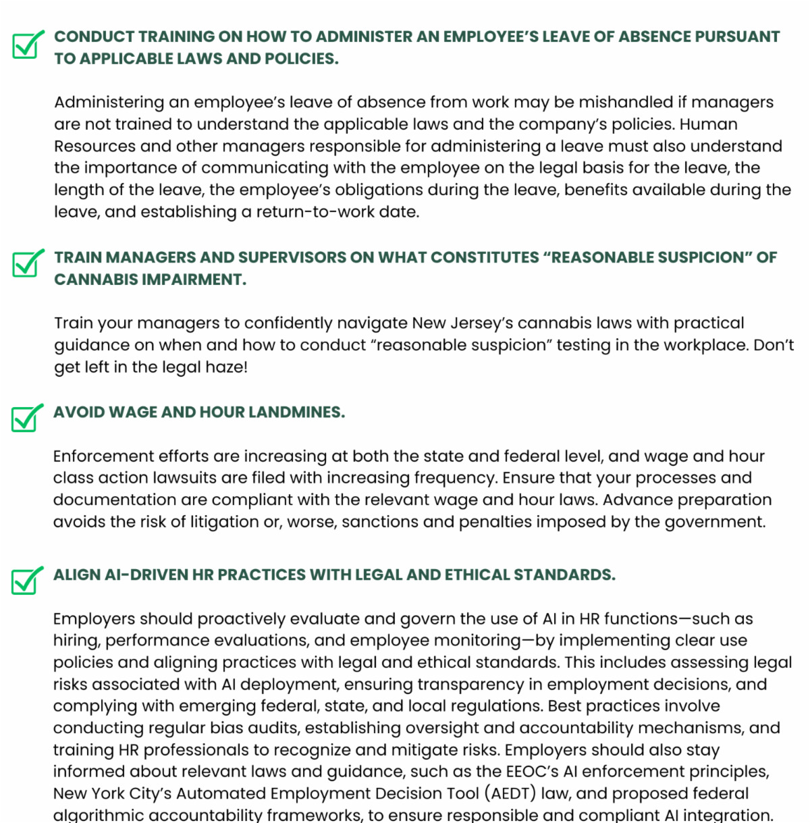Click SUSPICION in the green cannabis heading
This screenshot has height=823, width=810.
(x=693, y=257)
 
